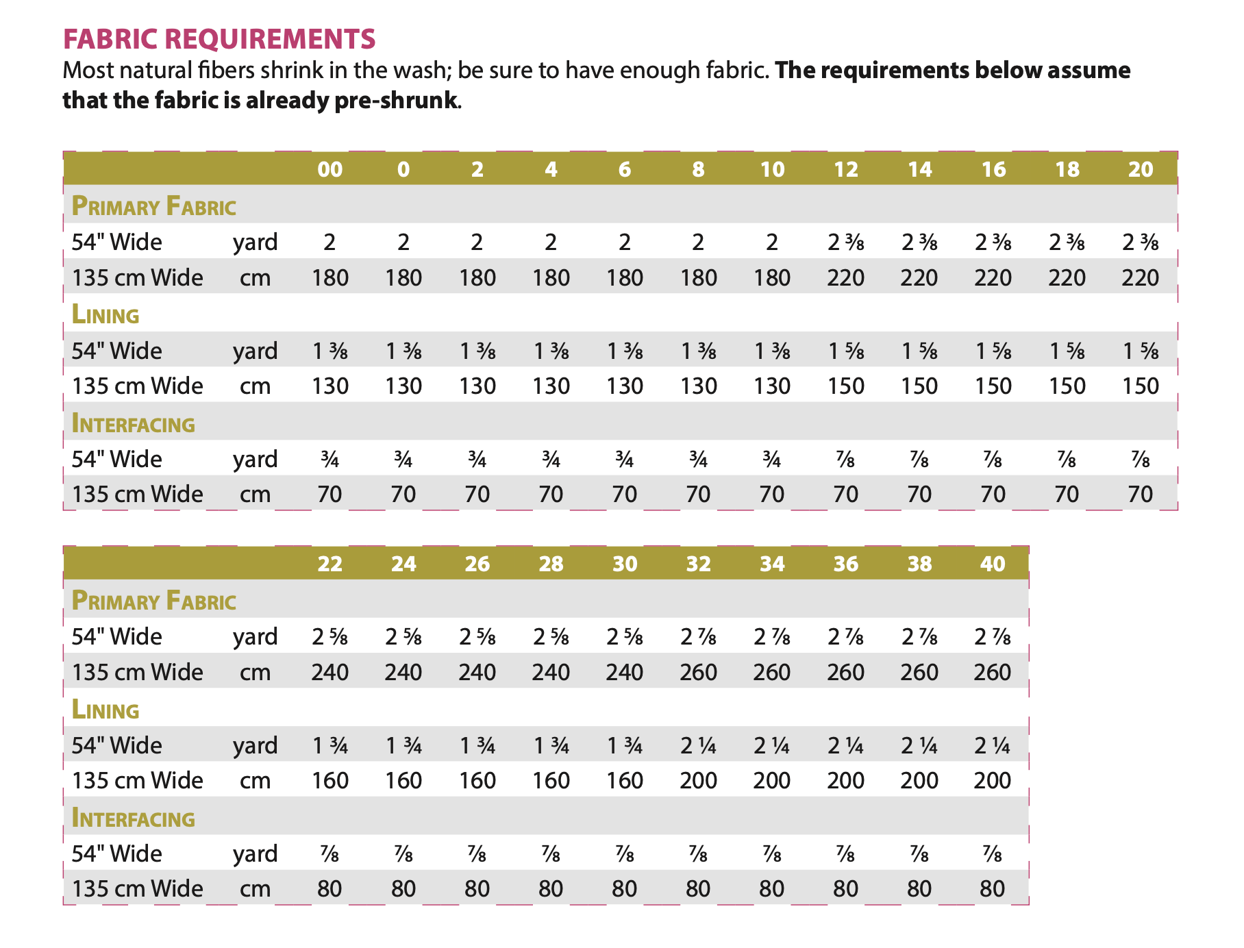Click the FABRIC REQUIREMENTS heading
(x=219, y=39)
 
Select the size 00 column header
(x=330, y=169)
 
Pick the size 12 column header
(x=846, y=169)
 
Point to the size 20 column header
(x=1141, y=169)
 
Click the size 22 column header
(x=330, y=564)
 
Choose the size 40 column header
(x=993, y=564)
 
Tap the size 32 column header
(x=699, y=564)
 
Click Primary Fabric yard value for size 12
(x=846, y=242)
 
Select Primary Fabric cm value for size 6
(x=625, y=277)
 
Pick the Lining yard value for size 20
(x=1141, y=351)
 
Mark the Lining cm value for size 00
(x=330, y=386)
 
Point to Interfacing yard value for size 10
(x=772, y=460)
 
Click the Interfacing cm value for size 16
(x=993, y=494)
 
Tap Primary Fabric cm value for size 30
(x=625, y=672)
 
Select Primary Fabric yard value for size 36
(x=846, y=637)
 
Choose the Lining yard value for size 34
(x=772, y=745)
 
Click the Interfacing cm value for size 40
(x=993, y=888)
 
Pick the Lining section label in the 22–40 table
(x=105, y=710)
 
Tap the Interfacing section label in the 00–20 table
(x=134, y=424)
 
